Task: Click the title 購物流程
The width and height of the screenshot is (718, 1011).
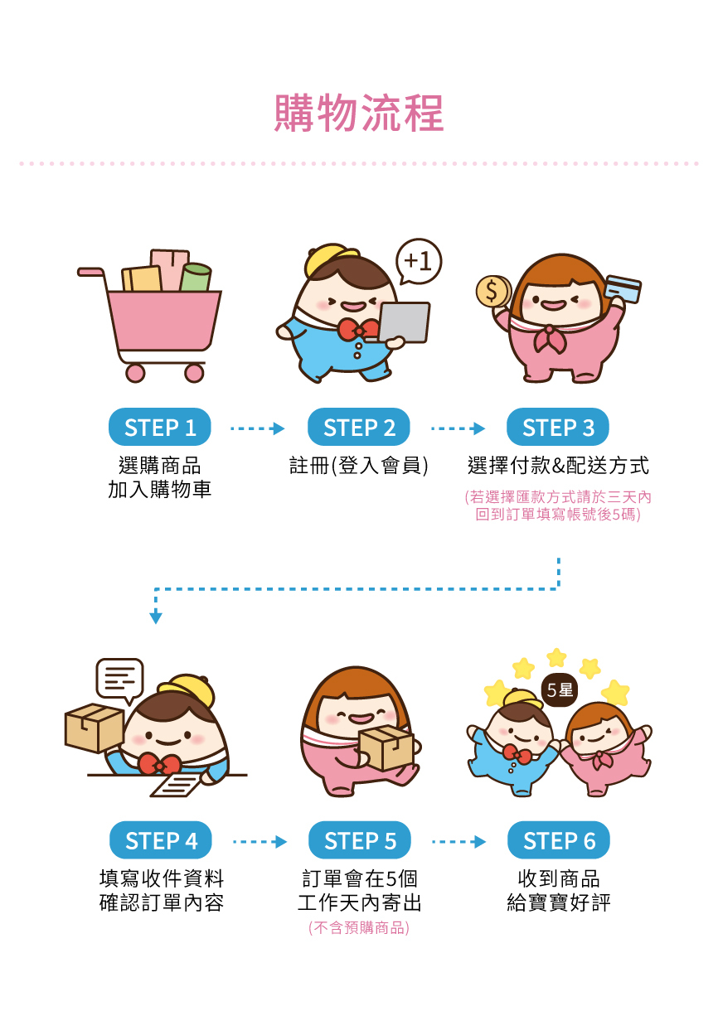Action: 359,114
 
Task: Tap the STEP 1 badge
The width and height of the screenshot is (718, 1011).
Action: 160,428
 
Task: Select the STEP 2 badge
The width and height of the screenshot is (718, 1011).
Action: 359,428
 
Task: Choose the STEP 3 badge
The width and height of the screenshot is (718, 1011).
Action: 558,428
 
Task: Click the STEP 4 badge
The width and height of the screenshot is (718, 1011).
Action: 161,841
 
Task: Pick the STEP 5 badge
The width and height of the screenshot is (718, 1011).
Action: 360,841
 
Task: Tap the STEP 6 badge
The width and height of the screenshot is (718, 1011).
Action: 559,841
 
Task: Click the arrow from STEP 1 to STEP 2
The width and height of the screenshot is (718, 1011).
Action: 257,428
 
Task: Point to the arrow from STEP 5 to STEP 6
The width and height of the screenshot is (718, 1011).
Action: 458,842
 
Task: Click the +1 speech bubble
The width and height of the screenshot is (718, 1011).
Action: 419,262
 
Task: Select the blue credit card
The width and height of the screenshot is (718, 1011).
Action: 623,288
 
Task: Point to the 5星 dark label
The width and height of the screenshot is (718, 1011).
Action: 560,689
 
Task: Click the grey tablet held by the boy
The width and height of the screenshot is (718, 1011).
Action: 405,322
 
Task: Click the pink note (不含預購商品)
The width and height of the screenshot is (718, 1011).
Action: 359,927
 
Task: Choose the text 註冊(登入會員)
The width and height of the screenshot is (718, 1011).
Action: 359,466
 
